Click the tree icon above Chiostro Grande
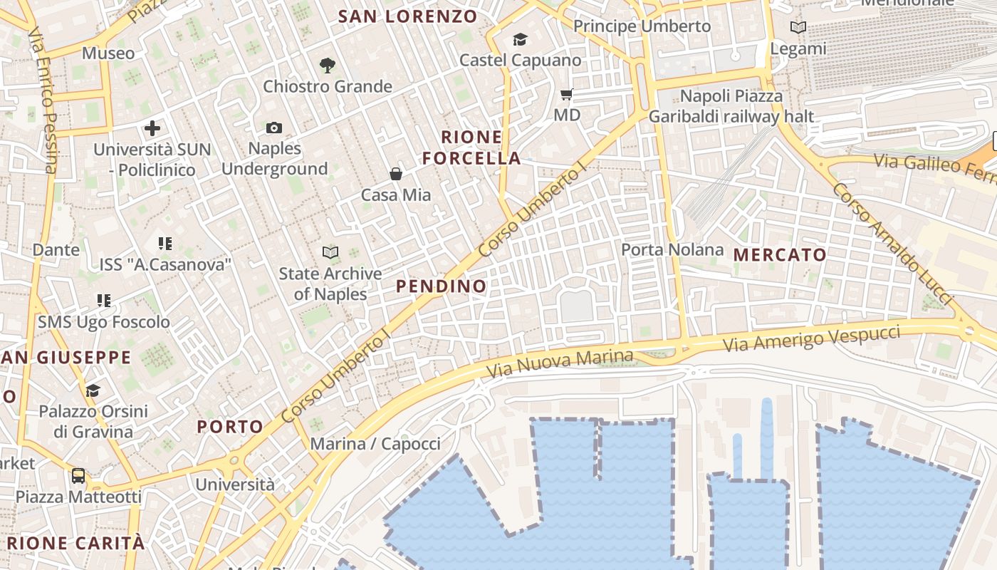pyautogui.click(x=327, y=66)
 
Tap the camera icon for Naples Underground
pyautogui.click(x=274, y=128)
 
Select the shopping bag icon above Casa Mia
pyautogui.click(x=396, y=174)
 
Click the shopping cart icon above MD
pyautogui.click(x=567, y=94)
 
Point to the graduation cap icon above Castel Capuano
pyautogui.click(x=521, y=39)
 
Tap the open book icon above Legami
pyautogui.click(x=798, y=28)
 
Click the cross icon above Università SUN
pyautogui.click(x=152, y=128)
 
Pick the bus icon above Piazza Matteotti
pyautogui.click(x=78, y=475)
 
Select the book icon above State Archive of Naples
pyautogui.click(x=330, y=252)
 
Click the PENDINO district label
pyautogui.click(x=442, y=286)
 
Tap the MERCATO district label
pyautogui.click(x=780, y=255)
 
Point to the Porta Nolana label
pyautogui.click(x=672, y=250)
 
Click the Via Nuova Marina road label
pyautogui.click(x=560, y=363)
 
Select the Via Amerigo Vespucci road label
pyautogui.click(x=812, y=337)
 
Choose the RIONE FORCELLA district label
pyautogui.click(x=472, y=147)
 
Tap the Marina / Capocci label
pyautogui.click(x=375, y=444)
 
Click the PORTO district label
pyautogui.click(x=230, y=427)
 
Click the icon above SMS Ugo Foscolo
pyautogui.click(x=104, y=301)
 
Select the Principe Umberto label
pyautogui.click(x=642, y=26)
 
